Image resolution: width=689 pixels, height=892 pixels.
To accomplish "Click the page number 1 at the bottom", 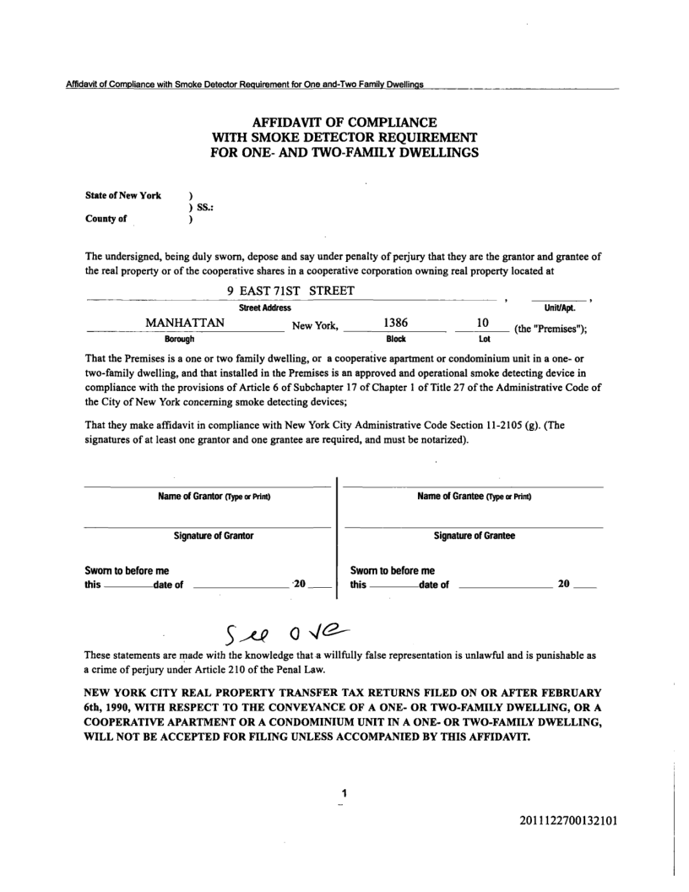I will click(x=344, y=794).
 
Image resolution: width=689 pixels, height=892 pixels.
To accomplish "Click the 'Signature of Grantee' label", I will click(x=474, y=536).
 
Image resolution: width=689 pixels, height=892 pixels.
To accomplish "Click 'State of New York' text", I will click(x=123, y=196).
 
